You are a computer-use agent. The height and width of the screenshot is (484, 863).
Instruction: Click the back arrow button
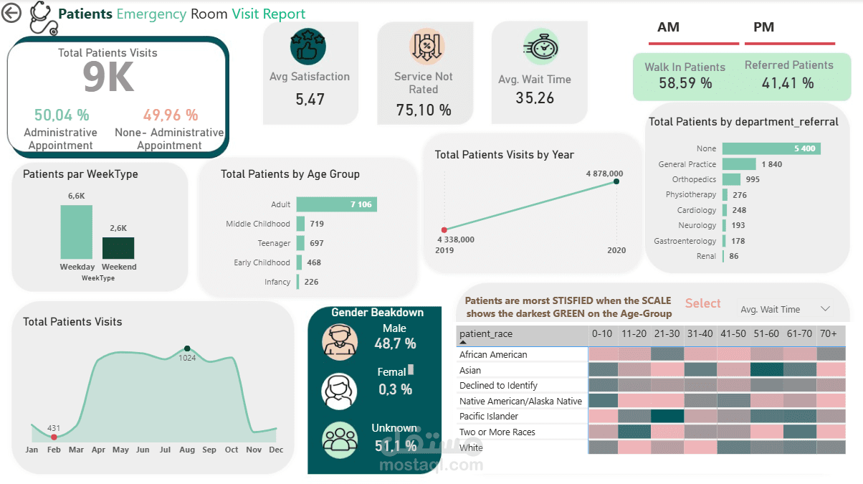11,13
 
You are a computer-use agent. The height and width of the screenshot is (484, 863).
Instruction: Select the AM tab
669,27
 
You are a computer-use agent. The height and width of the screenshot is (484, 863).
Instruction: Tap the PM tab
763,27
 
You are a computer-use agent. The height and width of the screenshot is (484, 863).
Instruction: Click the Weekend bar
118,247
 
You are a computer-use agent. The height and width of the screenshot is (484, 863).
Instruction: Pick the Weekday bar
76,232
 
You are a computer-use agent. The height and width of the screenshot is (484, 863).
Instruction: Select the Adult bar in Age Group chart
336,204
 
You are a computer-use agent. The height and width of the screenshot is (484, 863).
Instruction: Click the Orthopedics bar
731,179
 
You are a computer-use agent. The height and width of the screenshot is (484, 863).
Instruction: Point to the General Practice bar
739,164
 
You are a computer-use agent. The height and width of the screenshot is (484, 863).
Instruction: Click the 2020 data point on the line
616,181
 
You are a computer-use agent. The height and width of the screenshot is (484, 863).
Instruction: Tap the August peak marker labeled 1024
188,348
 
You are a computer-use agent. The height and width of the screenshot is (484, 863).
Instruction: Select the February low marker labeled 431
54,437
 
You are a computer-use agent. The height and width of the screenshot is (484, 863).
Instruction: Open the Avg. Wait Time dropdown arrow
825,309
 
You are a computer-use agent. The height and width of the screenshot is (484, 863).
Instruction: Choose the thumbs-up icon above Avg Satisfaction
308,47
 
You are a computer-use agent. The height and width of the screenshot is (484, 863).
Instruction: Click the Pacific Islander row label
489,417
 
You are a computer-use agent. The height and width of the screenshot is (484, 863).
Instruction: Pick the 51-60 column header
766,334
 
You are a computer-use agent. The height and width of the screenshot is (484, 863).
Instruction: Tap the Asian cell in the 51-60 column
766,370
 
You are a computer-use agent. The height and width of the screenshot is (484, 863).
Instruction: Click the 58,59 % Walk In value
685,83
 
